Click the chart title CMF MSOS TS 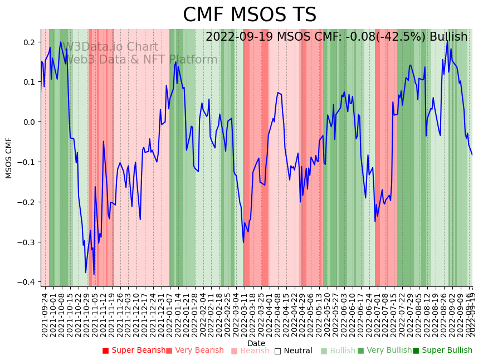click(250, 15)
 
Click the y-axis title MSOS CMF click(8, 158)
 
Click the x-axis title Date click(256, 343)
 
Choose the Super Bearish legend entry click(134, 351)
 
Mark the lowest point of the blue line click(94, 275)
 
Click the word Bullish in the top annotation click(448, 37)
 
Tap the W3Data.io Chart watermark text click(110, 47)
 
